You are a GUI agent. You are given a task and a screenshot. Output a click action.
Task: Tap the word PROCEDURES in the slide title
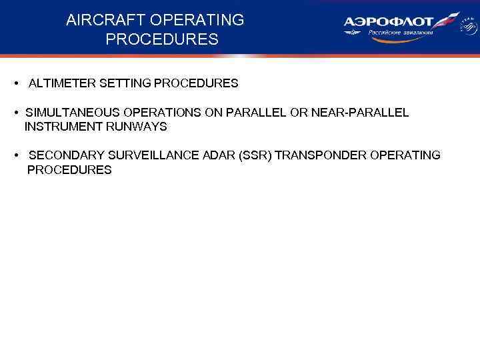point(161,40)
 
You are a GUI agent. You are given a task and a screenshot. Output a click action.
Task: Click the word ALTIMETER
point(62,84)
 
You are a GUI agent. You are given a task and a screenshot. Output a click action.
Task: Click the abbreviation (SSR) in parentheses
point(256,155)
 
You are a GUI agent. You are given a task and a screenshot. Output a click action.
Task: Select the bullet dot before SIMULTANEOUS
point(15,113)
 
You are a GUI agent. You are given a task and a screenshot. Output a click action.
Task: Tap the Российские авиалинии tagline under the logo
point(401,33)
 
